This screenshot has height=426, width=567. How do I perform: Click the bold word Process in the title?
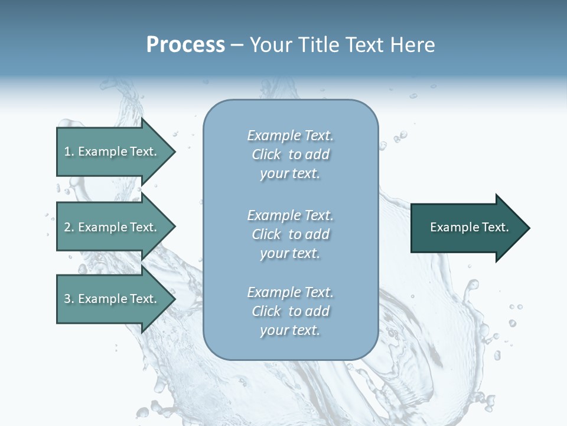tap(185, 45)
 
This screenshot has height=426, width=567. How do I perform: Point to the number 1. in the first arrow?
tap(69, 151)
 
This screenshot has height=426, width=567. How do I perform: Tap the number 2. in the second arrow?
tap(69, 227)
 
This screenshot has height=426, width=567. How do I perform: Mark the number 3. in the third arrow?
tap(69, 299)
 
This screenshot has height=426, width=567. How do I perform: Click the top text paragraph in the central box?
tap(290, 154)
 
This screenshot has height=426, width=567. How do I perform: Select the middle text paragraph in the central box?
tap(290, 234)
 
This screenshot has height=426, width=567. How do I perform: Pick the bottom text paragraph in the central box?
tap(290, 311)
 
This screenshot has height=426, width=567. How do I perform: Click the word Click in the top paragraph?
tap(266, 154)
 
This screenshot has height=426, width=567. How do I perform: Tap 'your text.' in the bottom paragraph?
tap(290, 330)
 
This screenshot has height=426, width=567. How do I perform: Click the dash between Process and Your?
tap(237, 46)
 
